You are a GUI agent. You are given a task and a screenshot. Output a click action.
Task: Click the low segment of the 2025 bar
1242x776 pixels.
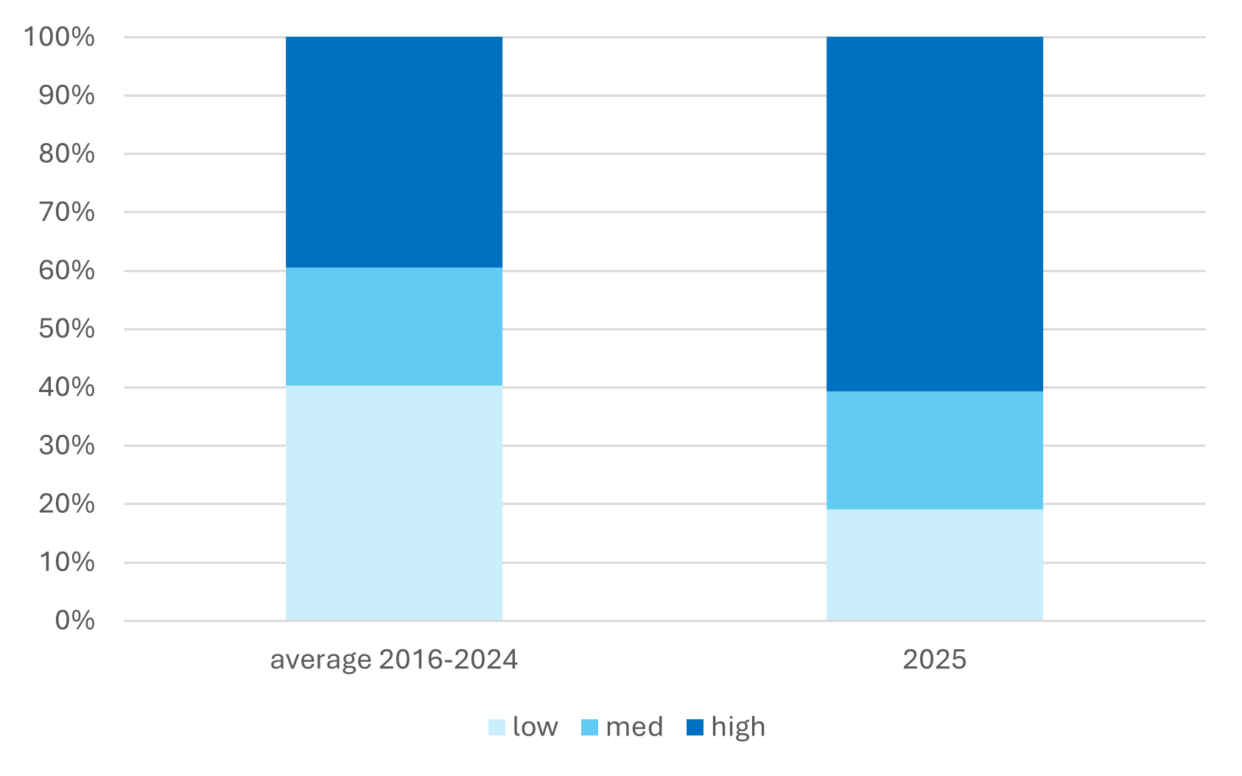coord(935,564)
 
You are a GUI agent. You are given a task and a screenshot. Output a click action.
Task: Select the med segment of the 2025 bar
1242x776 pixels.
coord(935,450)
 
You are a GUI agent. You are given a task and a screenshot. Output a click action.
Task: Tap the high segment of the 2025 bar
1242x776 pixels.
coord(935,214)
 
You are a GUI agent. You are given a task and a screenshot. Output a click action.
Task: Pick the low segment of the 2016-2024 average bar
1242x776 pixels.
coord(394,503)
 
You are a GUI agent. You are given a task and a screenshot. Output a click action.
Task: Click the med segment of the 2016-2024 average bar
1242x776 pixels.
coord(394,326)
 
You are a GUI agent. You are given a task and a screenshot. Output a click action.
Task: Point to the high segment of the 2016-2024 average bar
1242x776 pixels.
coord(394,152)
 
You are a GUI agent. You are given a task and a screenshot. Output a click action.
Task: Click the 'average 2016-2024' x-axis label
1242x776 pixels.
coord(394,660)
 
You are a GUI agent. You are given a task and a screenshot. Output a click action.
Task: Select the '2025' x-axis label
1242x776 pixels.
coord(934,660)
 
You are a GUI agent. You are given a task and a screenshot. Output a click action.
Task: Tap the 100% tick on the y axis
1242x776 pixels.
coord(60,37)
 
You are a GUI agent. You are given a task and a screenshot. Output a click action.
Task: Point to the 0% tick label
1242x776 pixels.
coord(75,621)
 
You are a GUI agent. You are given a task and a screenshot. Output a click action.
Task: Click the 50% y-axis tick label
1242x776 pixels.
coord(67,329)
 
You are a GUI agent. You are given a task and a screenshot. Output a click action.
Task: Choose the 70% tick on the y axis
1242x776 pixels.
coord(67,212)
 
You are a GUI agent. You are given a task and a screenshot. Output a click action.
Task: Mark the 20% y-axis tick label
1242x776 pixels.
coord(67,504)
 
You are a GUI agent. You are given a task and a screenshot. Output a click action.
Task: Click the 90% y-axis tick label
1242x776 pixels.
coord(67,95)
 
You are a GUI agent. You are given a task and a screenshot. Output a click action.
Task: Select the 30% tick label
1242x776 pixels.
coord(67,445)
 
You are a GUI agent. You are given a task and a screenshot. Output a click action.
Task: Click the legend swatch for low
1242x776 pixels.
coord(497,727)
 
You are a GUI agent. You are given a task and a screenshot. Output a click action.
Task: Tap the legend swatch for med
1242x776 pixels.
coord(589,727)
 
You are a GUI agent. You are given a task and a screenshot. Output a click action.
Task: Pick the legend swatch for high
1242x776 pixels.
coord(695,727)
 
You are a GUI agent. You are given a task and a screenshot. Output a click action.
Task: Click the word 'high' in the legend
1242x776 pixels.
coord(738,727)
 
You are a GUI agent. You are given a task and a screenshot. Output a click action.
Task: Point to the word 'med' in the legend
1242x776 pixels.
coord(634,727)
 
